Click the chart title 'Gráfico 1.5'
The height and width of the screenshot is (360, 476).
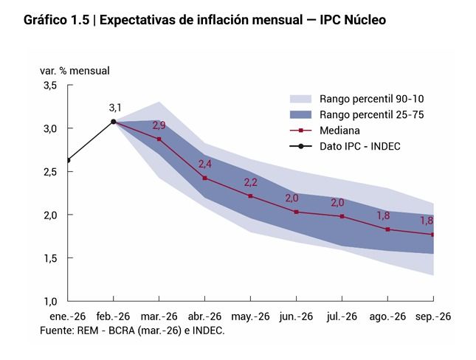[58, 20]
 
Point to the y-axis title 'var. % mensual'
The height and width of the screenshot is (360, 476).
[75, 71]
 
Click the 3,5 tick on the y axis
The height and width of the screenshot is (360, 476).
[49, 86]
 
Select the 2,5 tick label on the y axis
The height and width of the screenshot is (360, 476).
[49, 172]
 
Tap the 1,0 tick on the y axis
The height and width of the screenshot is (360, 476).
[49, 301]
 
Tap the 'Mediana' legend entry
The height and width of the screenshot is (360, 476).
[340, 130]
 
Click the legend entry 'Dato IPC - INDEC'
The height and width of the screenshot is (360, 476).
[359, 146]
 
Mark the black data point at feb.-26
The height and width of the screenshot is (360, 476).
[113, 122]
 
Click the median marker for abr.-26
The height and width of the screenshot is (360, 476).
[204, 178]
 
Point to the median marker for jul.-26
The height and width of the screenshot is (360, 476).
[342, 216]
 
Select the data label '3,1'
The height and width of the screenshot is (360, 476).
[114, 108]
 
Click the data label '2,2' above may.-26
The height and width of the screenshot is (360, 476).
[250, 183]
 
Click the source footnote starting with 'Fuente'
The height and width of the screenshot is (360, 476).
[132, 330]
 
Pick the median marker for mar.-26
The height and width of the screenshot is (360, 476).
[159, 139]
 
